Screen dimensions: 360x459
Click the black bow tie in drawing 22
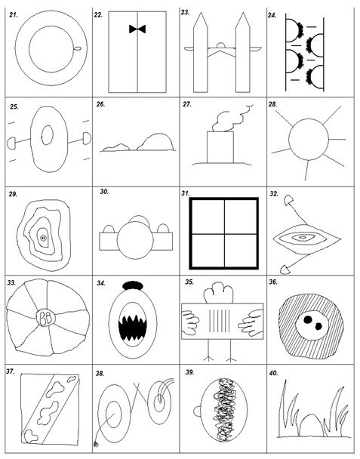[x=137, y=29]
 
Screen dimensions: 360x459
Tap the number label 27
[x=186, y=104]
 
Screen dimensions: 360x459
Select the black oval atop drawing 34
[x=133, y=285]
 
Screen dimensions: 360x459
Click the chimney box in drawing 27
[x=220, y=147]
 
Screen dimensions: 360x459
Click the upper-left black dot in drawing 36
[x=308, y=319]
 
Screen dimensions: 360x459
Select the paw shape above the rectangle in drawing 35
[x=219, y=293]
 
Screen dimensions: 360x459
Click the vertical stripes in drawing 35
[x=220, y=321]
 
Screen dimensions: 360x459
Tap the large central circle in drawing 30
[x=135, y=240]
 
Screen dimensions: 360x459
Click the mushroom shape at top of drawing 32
[x=289, y=199]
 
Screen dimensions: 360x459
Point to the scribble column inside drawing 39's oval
[x=224, y=410]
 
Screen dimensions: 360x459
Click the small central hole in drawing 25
[x=47, y=135]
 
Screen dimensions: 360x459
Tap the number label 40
[x=273, y=373]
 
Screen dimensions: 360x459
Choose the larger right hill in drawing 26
[x=156, y=142]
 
